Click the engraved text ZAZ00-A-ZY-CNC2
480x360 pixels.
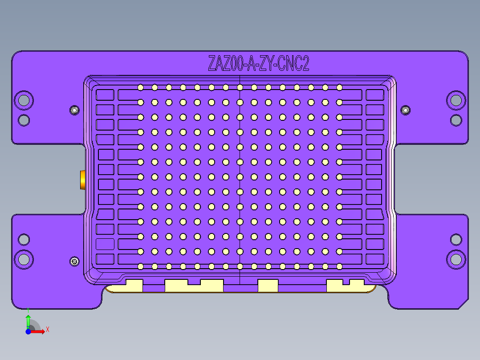click(258, 64)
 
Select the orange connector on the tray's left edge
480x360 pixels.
click(82, 180)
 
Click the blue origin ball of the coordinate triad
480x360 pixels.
click(28, 332)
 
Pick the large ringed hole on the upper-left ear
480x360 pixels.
click(23, 100)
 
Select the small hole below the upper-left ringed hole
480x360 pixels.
click(24, 120)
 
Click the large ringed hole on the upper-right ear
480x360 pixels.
click(456, 100)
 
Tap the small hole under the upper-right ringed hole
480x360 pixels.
click(456, 120)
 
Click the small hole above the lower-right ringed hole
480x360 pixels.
click(456, 239)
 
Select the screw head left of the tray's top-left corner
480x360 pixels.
click(74, 110)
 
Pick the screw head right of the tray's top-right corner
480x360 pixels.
click(406, 110)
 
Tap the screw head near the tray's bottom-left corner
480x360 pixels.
click(74, 261)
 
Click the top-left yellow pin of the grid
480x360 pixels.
click(140, 87)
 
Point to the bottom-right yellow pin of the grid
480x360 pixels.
click(339, 266)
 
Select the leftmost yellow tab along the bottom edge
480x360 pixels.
click(134, 286)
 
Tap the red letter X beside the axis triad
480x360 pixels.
click(47, 329)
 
